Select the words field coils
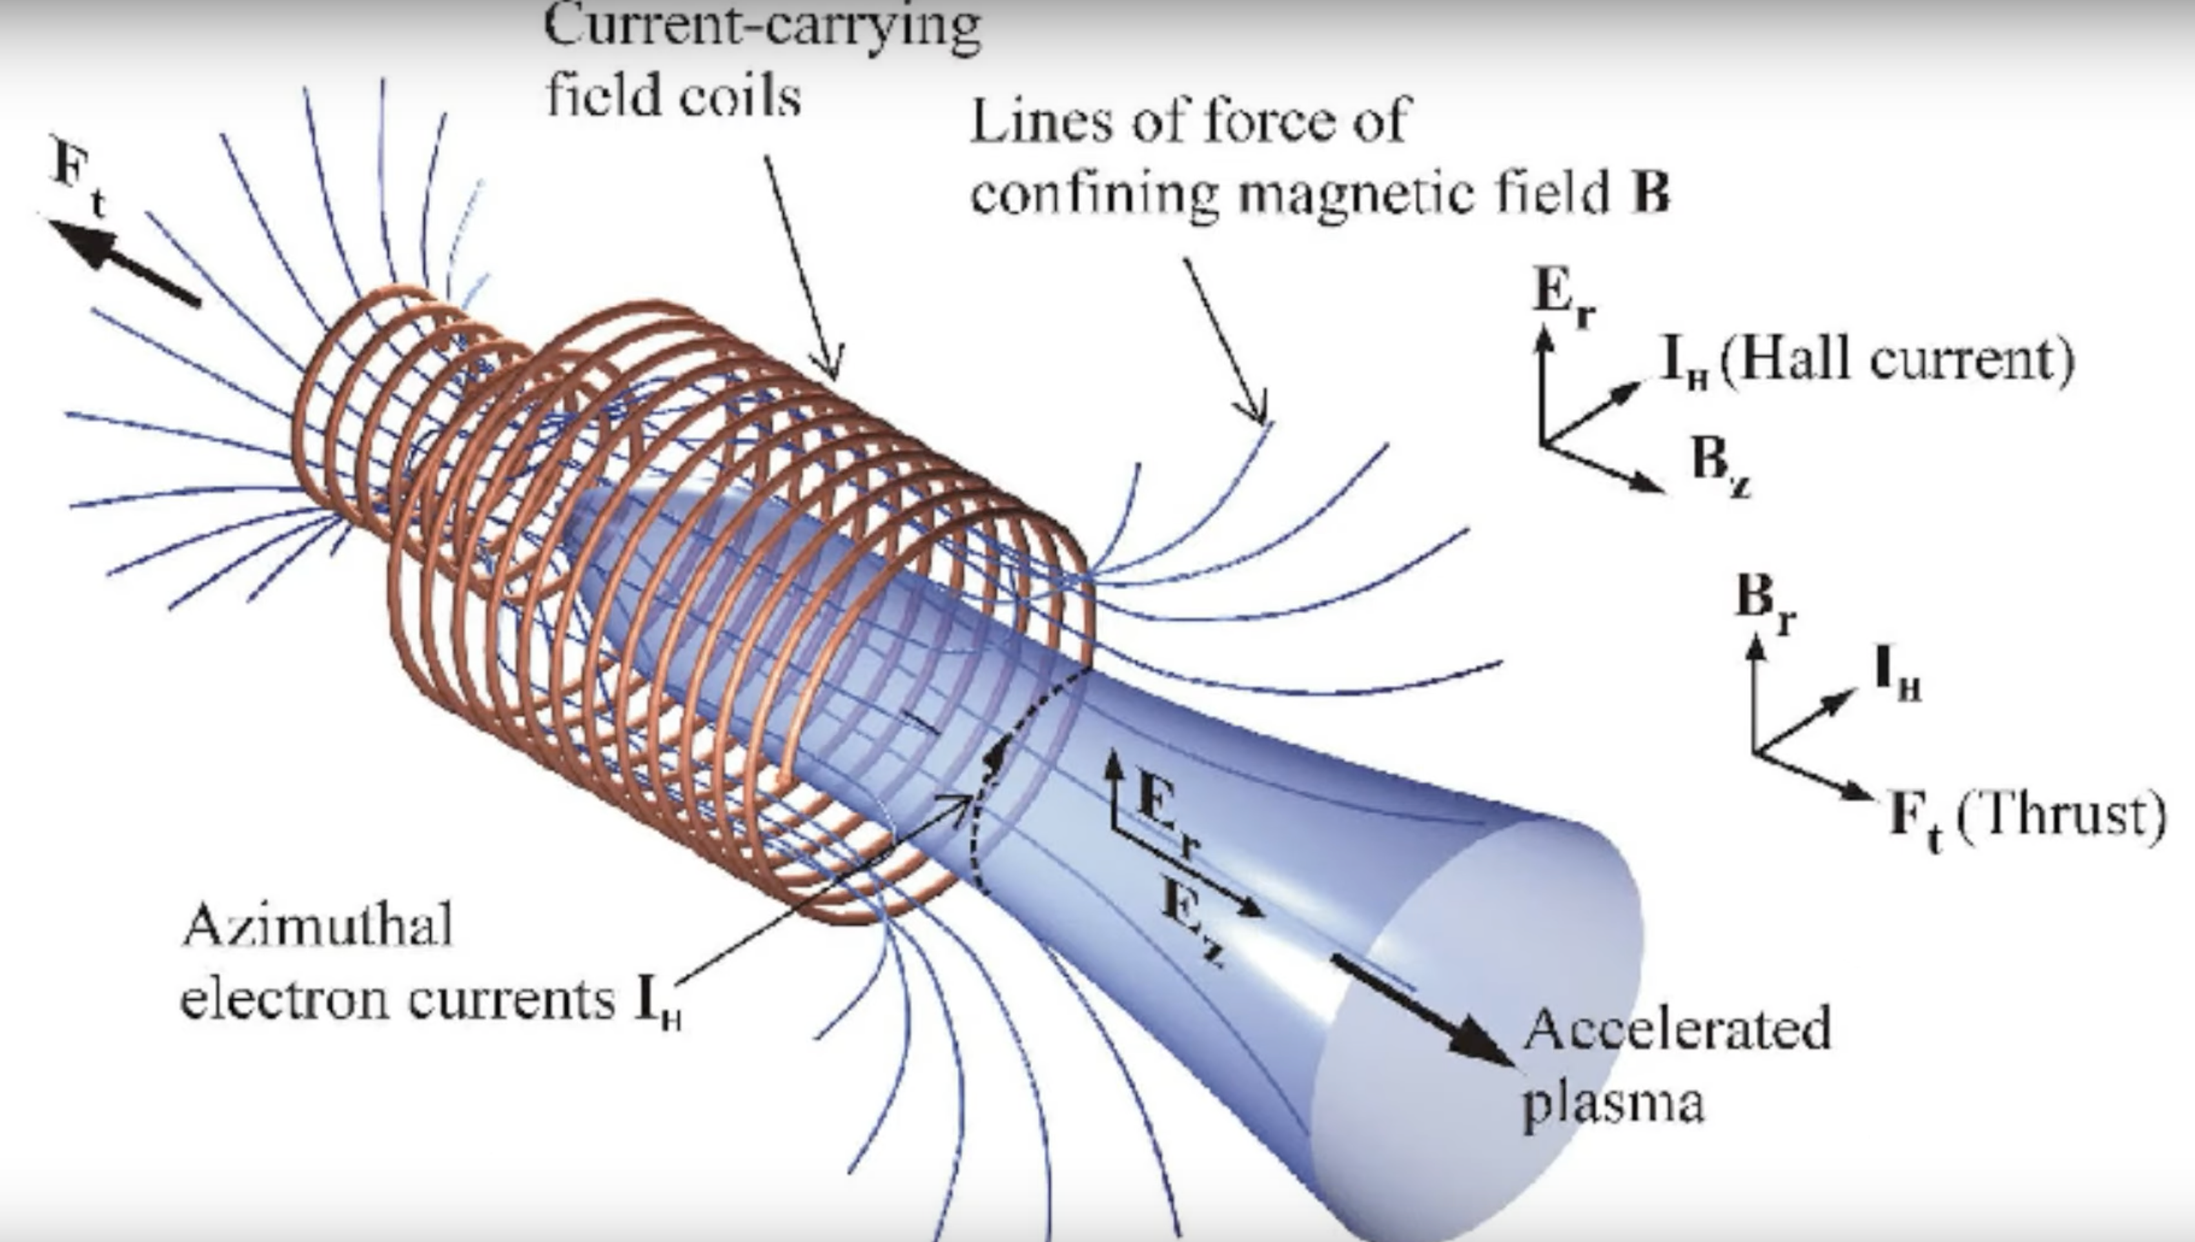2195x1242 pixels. tap(673, 96)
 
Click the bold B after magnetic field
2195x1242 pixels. tap(1650, 194)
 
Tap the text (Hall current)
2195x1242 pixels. tap(1897, 360)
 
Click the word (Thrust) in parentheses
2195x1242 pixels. tap(2060, 815)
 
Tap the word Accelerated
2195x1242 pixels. tap(1677, 1030)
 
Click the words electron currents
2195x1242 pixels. tap(396, 998)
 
